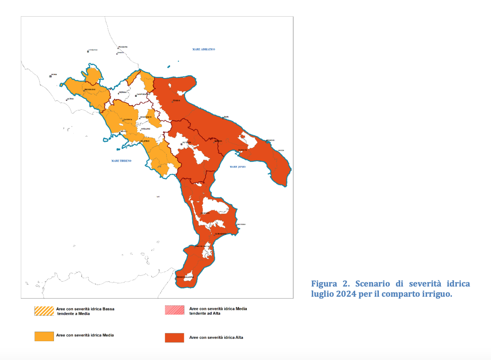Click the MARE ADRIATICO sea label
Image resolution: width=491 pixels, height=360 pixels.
pos(203,49)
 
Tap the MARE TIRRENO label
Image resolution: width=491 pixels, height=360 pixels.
pos(121,161)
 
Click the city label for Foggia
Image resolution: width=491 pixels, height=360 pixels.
pos(176,100)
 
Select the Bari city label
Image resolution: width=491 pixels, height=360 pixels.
pos(226,117)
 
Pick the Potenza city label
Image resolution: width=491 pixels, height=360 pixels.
pos(187,142)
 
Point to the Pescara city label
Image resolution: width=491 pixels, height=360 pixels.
pos(123,47)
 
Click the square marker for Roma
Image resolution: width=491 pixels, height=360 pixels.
pos(51,76)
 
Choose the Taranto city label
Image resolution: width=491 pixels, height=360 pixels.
pos(243,150)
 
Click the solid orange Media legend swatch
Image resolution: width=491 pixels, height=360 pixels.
pos(44,336)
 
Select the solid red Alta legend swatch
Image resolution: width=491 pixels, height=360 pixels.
pos(174,338)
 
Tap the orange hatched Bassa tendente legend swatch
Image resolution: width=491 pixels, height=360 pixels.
pos(44,311)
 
